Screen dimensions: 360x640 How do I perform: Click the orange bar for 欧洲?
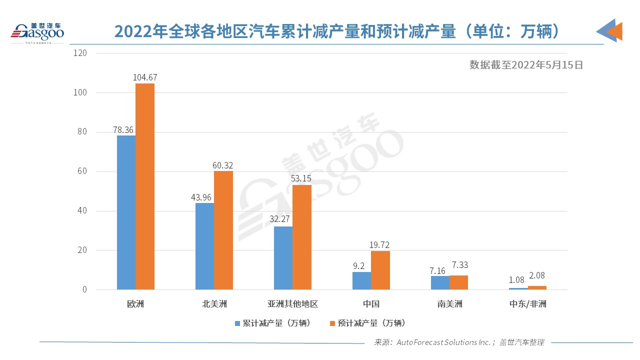[145, 186]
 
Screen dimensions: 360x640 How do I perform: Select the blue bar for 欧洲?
[126, 212]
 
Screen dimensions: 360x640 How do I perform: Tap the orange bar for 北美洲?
[223, 230]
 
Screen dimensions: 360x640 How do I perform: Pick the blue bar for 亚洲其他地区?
[283, 258]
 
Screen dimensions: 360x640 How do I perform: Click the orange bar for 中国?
[380, 270]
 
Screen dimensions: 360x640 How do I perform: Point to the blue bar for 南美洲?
[440, 282]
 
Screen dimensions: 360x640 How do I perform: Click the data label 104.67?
[145, 77]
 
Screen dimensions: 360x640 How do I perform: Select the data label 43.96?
[202, 197]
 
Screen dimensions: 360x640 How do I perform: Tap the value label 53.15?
[302, 179]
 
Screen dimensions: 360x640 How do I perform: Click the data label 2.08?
[537, 280]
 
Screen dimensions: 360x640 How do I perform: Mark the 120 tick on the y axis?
[80, 53]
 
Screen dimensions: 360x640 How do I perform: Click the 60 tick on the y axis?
[82, 171]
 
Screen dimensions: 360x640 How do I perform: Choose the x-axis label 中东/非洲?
[528, 304]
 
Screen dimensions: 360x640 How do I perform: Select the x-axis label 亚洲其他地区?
[292, 304]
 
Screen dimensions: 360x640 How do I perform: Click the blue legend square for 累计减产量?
[238, 323]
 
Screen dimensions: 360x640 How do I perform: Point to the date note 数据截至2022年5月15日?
[526, 64]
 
